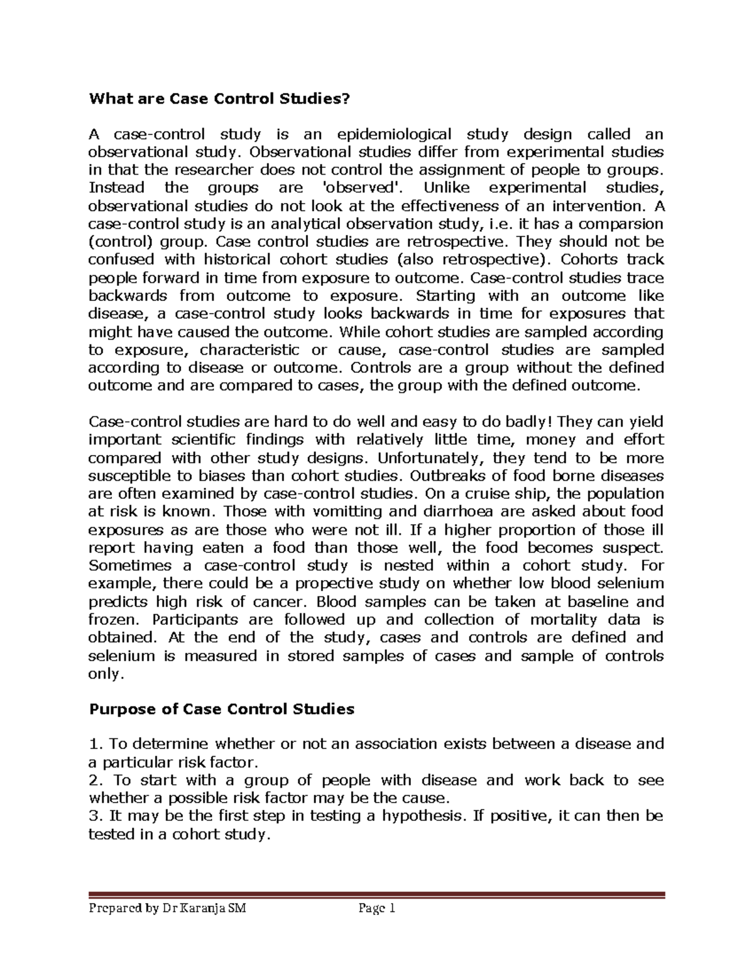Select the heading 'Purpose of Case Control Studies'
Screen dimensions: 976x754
pyautogui.click(x=222, y=710)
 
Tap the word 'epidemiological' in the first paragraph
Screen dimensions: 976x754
pyautogui.click(x=394, y=134)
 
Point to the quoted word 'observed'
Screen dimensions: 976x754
pyautogui.click(x=354, y=188)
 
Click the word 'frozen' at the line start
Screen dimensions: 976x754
pyautogui.click(x=112, y=620)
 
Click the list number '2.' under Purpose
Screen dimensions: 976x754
pyautogui.click(x=97, y=781)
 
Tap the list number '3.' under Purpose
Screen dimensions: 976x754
pyautogui.click(x=97, y=816)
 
